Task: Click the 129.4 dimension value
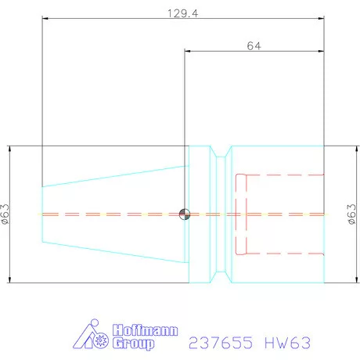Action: point(182,13)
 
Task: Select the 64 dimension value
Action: point(253,45)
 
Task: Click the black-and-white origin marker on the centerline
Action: point(184,214)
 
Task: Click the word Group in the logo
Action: point(134,344)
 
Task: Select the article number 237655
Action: point(221,342)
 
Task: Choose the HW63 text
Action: point(288,342)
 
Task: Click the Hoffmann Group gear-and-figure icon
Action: point(93,337)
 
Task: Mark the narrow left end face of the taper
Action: point(42,214)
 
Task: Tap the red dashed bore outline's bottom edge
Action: point(282,254)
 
